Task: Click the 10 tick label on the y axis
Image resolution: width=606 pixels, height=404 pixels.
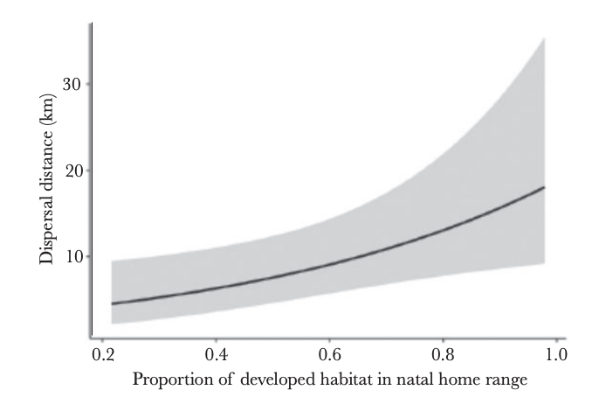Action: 72,256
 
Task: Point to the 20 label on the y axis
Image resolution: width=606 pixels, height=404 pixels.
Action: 72,171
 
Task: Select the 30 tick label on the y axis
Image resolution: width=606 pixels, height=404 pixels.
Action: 72,85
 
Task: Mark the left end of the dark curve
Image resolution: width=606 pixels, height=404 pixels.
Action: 112,303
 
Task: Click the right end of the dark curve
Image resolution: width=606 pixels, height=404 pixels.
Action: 545,187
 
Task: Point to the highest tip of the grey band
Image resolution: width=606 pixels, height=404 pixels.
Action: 544,39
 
